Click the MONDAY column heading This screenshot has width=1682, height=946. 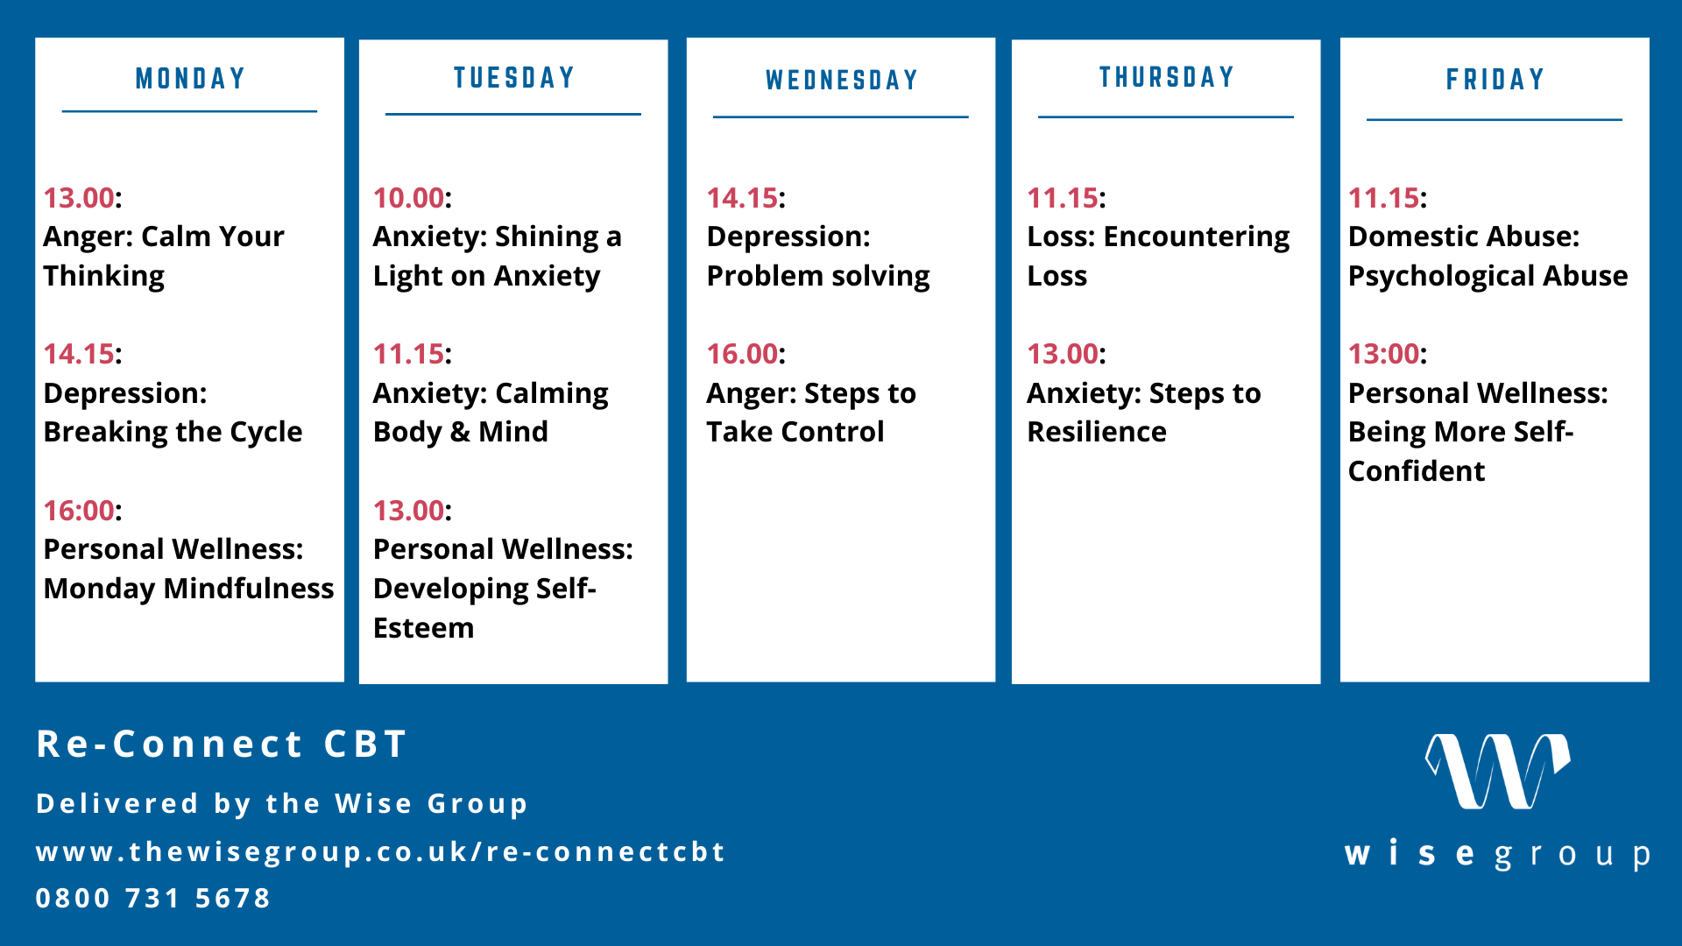pyautogui.click(x=189, y=79)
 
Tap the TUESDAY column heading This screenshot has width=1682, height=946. pyautogui.click(x=513, y=78)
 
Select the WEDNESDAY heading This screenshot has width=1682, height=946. pyautogui.click(x=841, y=81)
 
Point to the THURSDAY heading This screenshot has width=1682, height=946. pyautogui.click(x=1166, y=77)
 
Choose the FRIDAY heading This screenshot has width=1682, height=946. pyautogui.click(x=1495, y=80)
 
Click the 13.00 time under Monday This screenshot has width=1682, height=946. pyautogui.click(x=79, y=198)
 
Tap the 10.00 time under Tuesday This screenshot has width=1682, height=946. pyautogui.click(x=408, y=198)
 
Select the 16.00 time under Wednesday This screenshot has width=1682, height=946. pyautogui.click(x=742, y=354)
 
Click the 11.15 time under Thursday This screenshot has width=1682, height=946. pyautogui.click(x=1063, y=198)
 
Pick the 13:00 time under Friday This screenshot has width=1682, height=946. pyautogui.click(x=1383, y=354)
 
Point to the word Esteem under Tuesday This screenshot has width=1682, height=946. pyautogui.click(x=423, y=628)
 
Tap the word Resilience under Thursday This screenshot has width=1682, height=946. pyautogui.click(x=1097, y=432)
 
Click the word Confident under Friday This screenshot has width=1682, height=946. pyautogui.click(x=1417, y=471)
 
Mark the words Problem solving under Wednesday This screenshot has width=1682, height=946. pyautogui.click(x=818, y=277)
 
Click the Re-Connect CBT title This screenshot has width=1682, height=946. pyautogui.click(x=222, y=745)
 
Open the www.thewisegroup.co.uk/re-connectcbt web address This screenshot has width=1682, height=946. pyautogui.click(x=381, y=852)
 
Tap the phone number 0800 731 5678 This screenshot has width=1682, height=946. pyautogui.click(x=153, y=898)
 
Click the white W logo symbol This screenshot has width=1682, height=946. pyautogui.click(x=1497, y=771)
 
